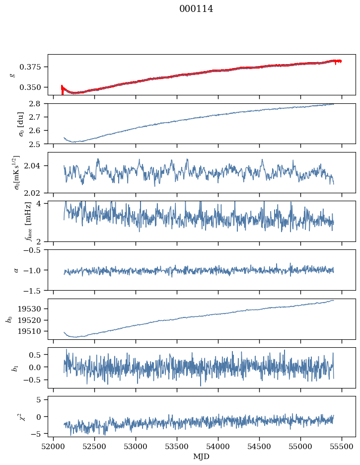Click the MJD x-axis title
[x=201, y=457]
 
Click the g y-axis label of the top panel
[x=13, y=75]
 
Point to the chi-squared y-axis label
[x=15, y=416]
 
